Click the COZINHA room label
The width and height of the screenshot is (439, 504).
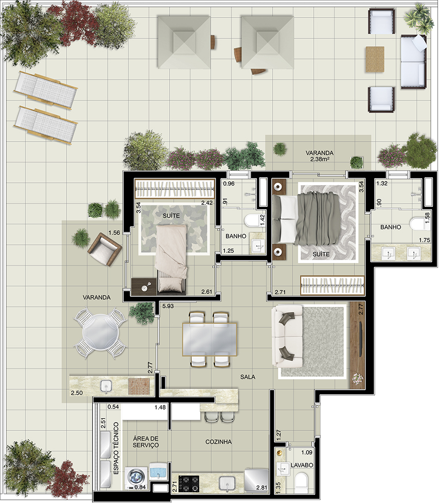click(x=219, y=442)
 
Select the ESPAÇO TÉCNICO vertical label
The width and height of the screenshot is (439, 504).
click(x=116, y=448)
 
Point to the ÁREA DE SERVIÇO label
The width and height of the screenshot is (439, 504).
click(x=146, y=442)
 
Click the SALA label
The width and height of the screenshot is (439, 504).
click(x=248, y=377)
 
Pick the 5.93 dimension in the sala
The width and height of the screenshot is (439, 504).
click(x=168, y=306)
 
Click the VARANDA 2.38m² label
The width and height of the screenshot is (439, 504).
click(x=319, y=156)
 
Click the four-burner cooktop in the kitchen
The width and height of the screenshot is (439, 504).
click(x=189, y=484)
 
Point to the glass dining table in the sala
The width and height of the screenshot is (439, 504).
click(x=209, y=339)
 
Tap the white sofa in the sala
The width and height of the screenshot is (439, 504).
click(x=287, y=336)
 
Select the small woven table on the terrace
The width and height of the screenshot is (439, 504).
click(x=375, y=60)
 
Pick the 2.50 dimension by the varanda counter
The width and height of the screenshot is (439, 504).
click(x=77, y=393)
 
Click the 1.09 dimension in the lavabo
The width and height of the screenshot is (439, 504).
click(x=307, y=452)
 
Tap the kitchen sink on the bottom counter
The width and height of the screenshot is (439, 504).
click(x=227, y=483)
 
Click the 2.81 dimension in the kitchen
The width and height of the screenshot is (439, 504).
click(x=262, y=488)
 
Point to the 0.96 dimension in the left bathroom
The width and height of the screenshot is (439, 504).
click(x=229, y=184)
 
